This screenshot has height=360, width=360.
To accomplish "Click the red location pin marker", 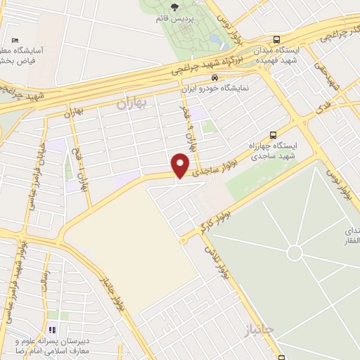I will click(x=181, y=165).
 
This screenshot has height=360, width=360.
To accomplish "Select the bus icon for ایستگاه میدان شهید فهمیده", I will click(x=277, y=39).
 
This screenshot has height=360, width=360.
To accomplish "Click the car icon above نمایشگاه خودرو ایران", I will click(x=214, y=78).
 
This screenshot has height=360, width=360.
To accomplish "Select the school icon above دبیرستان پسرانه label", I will click(x=51, y=330).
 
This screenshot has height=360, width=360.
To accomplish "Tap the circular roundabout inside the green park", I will click(x=295, y=252).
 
